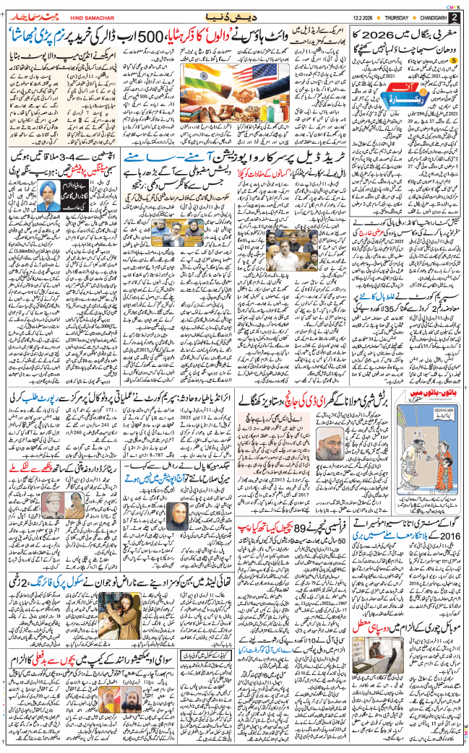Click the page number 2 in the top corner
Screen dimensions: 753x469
455,16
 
